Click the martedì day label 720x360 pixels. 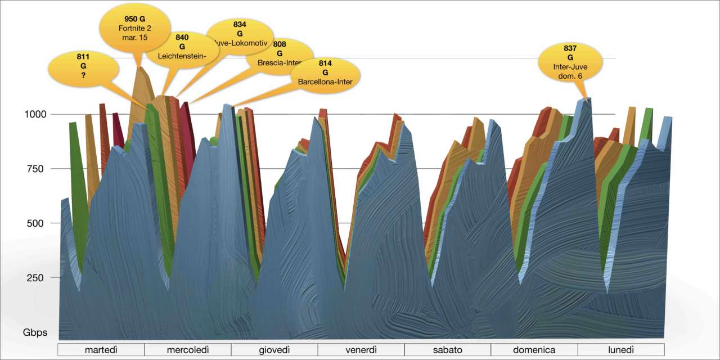click(101, 350)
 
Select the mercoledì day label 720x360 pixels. click(188, 350)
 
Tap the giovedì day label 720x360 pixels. click(274, 350)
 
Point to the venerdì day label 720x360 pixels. click(361, 350)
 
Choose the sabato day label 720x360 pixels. click(448, 350)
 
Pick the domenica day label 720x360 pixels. click(534, 350)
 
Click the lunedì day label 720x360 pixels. click(621, 350)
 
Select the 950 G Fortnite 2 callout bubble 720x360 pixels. click(134, 28)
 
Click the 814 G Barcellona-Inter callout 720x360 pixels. click(325, 73)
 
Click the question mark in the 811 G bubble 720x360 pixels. click(83, 75)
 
